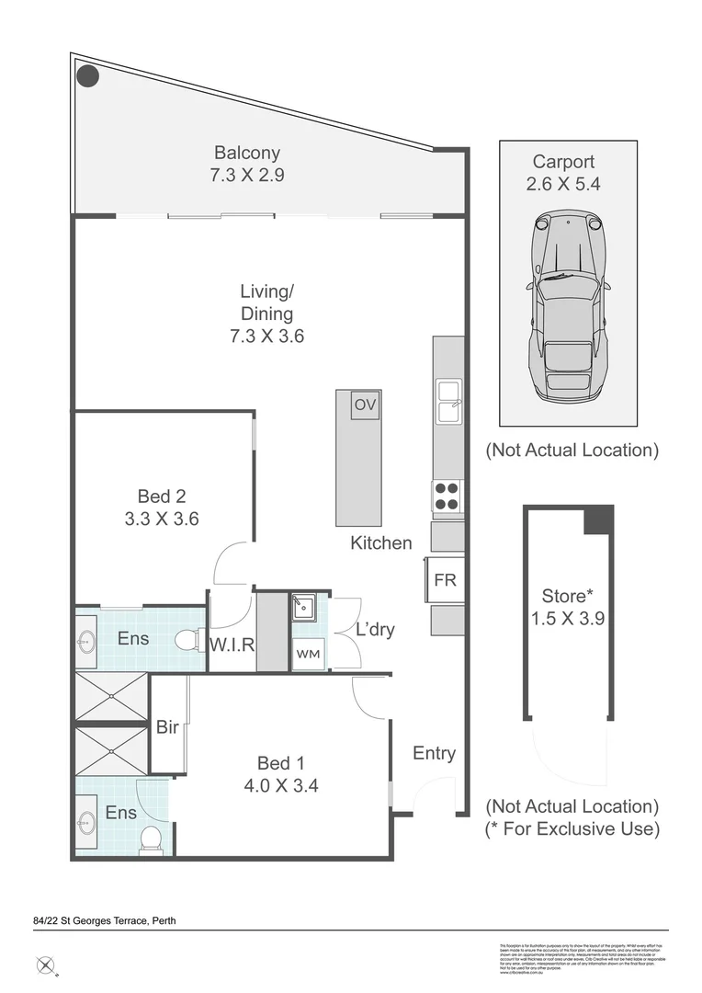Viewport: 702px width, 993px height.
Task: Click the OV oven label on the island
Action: [365, 405]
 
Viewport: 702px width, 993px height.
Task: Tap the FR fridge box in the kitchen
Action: [445, 581]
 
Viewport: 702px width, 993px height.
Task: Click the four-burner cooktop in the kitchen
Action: [447, 496]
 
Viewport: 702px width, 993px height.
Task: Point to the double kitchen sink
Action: [448, 402]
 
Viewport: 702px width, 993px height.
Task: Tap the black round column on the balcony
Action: [87, 75]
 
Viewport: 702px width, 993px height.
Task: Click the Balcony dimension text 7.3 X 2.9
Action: [247, 175]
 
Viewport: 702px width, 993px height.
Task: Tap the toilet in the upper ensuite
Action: [190, 638]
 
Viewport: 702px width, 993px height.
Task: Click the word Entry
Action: [434, 753]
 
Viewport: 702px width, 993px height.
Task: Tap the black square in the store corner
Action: [598, 519]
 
